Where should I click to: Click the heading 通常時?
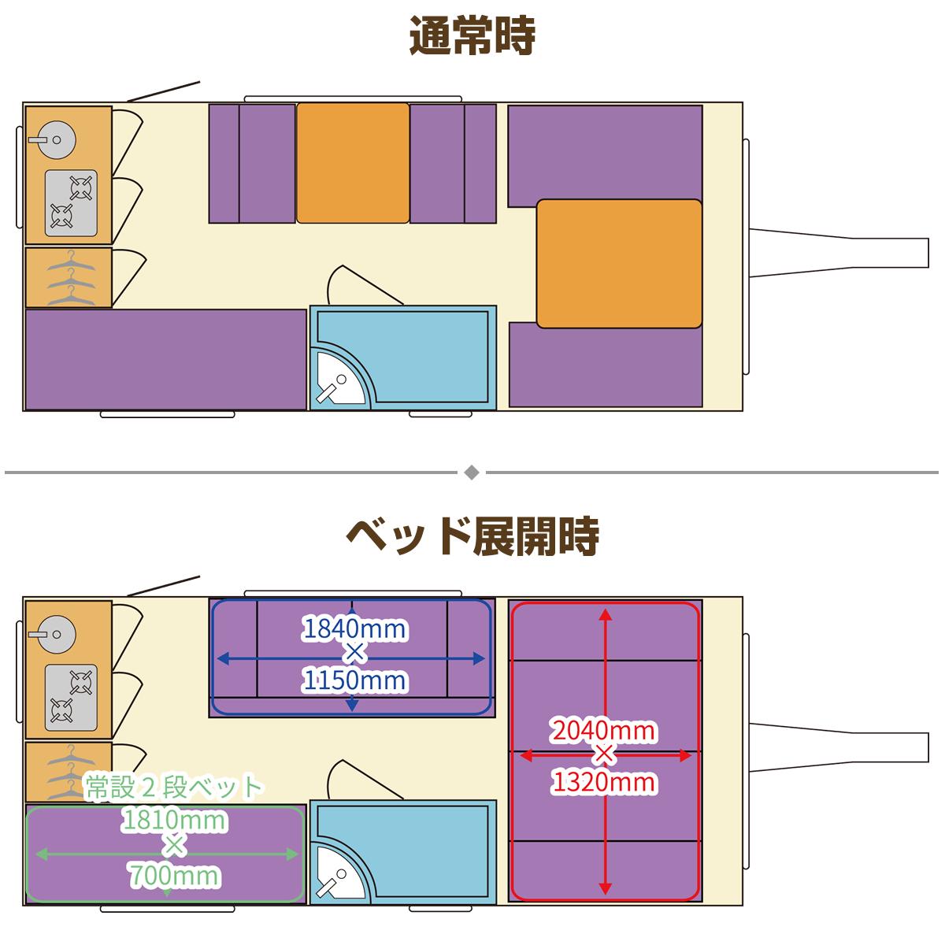472,35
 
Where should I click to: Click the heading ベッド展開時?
472,536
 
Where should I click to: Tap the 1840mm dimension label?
354,628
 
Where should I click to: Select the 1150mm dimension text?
354,680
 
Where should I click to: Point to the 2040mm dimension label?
604,730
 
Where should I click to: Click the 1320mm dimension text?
604,782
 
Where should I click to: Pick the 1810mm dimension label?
174,820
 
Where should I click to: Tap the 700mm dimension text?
174,876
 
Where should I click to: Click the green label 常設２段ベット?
174,787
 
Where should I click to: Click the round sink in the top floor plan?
57,139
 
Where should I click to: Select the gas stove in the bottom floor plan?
71,698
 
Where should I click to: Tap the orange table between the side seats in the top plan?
353,163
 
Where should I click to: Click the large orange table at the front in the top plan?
619,263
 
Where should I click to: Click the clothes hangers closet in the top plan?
69,277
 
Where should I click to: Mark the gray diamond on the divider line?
471,472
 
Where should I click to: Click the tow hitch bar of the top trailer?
839,253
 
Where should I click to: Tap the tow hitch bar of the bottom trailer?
839,747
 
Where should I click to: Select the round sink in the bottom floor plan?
57,634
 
